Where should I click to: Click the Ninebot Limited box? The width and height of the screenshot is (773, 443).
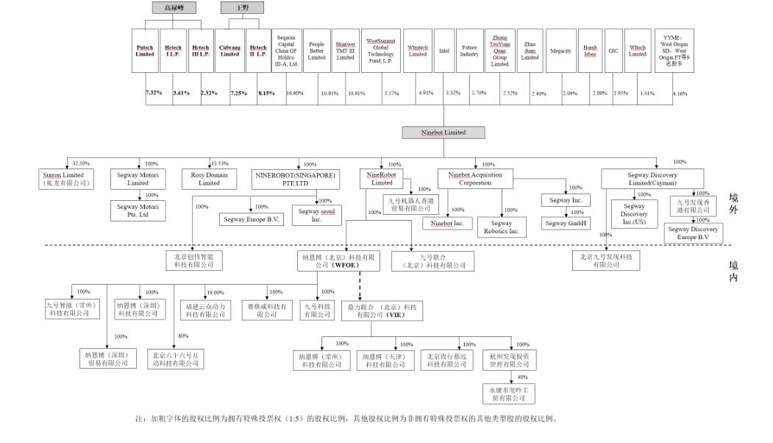click(444, 132)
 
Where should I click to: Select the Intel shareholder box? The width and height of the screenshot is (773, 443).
click(444, 50)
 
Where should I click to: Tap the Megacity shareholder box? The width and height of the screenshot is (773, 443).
click(560, 51)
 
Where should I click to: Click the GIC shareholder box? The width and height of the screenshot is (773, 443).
click(613, 51)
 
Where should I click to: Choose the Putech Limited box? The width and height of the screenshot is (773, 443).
click(145, 50)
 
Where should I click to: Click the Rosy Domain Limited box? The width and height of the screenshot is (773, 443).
click(210, 179)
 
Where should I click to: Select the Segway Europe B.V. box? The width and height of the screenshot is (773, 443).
click(251, 219)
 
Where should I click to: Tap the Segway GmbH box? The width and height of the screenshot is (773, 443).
click(565, 222)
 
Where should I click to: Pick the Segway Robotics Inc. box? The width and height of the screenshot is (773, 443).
click(503, 227)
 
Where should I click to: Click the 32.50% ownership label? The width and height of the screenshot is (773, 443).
click(81, 163)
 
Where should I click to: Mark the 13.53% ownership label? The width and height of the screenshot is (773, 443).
click(219, 163)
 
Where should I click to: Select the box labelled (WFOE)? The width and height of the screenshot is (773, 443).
click(338, 261)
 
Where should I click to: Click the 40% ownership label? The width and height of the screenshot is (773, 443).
click(523, 377)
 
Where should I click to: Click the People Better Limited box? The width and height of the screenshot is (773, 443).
click(316, 50)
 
